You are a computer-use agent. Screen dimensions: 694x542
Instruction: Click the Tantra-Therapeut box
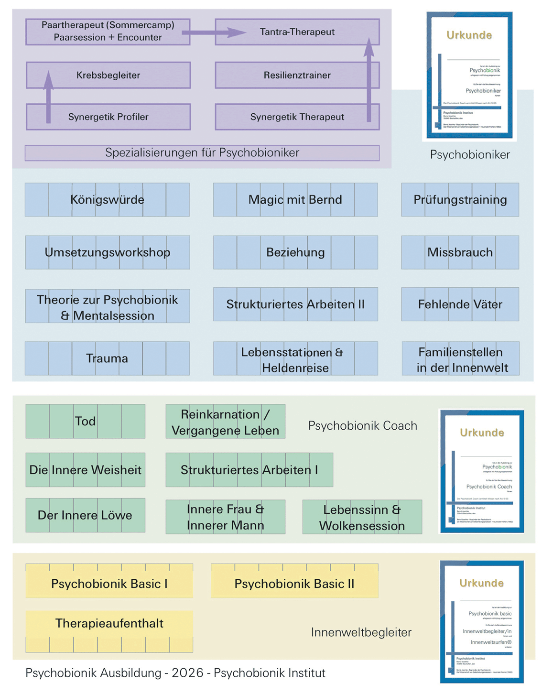click(x=297, y=32)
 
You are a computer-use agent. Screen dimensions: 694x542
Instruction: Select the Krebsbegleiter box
click(x=108, y=75)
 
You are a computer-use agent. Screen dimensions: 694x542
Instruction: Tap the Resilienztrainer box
click(x=297, y=75)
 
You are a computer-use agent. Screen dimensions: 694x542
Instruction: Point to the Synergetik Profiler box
click(x=108, y=117)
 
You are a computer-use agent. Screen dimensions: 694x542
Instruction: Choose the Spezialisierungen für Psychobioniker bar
click(x=202, y=153)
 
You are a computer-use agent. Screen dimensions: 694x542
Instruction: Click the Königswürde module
click(x=107, y=200)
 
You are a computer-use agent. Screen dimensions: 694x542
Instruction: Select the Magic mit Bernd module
click(x=295, y=200)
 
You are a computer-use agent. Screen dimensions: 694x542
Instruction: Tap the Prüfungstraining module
click(x=460, y=200)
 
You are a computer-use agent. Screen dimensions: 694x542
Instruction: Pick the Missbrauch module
click(x=460, y=252)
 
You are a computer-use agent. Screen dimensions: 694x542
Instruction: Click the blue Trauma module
click(x=107, y=358)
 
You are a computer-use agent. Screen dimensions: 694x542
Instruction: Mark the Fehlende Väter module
click(x=460, y=304)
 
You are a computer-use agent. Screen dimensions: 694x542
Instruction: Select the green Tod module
click(x=85, y=421)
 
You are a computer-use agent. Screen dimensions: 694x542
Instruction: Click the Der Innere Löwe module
click(x=85, y=515)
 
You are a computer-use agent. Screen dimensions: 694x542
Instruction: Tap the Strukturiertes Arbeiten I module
click(x=249, y=470)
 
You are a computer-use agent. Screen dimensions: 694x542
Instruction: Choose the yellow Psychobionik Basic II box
click(x=294, y=584)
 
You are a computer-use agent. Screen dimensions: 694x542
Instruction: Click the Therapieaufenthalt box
click(x=109, y=624)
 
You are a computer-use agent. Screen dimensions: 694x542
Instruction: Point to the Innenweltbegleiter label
click(x=361, y=632)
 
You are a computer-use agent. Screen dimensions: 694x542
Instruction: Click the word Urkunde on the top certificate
click(x=469, y=35)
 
